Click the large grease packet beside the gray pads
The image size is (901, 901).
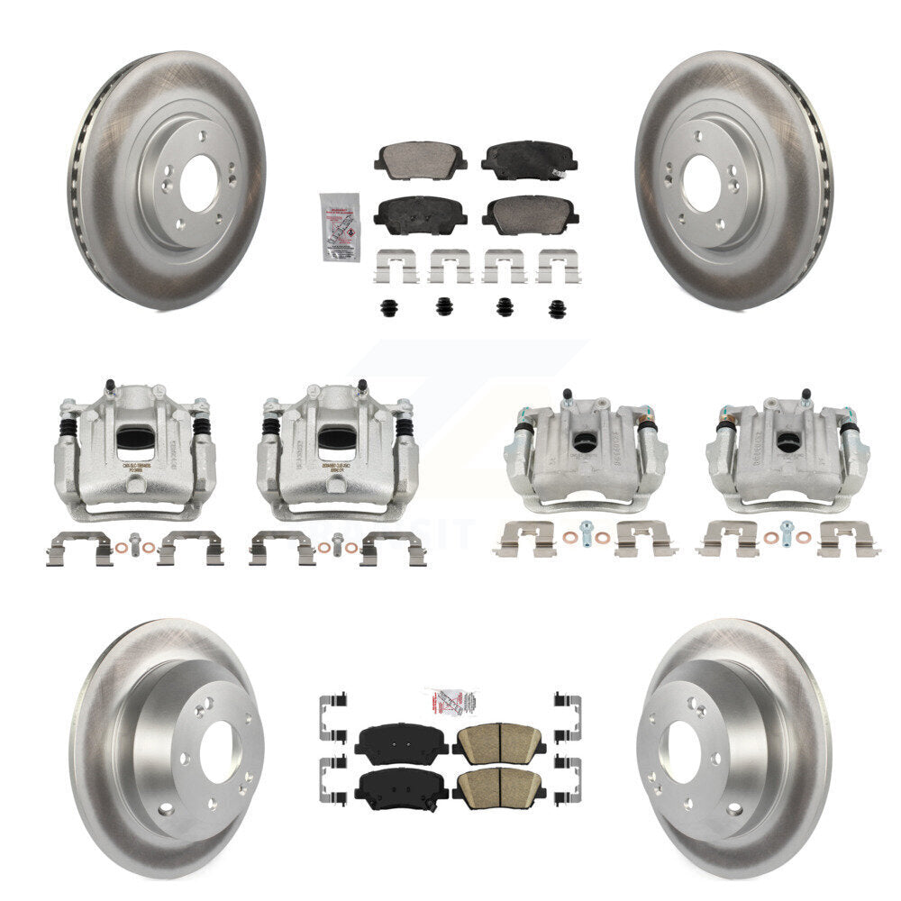pos(340,226)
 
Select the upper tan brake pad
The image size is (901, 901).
pos(499,742)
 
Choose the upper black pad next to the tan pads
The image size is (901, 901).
pos(402,742)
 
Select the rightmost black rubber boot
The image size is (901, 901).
pos(557,307)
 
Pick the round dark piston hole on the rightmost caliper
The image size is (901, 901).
pos(789,442)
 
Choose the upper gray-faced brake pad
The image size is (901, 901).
pos(422,160)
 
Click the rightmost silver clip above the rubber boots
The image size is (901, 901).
pos(559,266)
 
